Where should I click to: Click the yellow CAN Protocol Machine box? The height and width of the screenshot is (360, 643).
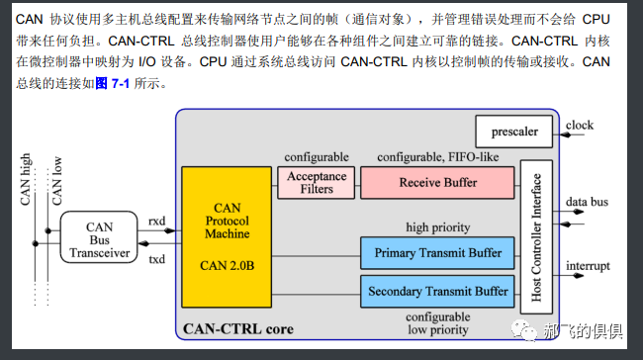(x=227, y=238)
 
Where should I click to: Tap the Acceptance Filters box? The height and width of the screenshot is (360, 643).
(x=317, y=183)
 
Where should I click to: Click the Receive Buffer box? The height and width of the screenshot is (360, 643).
(x=437, y=183)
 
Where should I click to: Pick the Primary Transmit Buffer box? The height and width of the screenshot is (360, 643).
(x=437, y=251)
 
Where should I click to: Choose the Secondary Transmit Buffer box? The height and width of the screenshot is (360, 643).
(x=437, y=292)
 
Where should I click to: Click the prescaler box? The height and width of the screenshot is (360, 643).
(x=515, y=131)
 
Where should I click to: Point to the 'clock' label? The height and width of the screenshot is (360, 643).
(x=580, y=126)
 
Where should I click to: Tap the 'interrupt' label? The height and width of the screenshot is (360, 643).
(x=588, y=266)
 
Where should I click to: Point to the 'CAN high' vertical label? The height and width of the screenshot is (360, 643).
(x=27, y=179)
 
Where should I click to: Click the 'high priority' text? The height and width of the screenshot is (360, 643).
(x=437, y=227)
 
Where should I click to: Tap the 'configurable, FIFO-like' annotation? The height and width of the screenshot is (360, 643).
(x=436, y=157)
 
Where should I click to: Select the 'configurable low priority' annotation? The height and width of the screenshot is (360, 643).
(x=437, y=322)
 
